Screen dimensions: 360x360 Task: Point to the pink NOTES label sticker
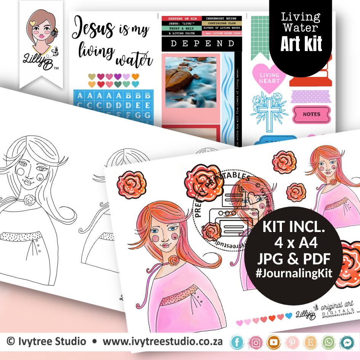311,114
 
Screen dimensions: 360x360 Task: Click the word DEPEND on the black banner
202,44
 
